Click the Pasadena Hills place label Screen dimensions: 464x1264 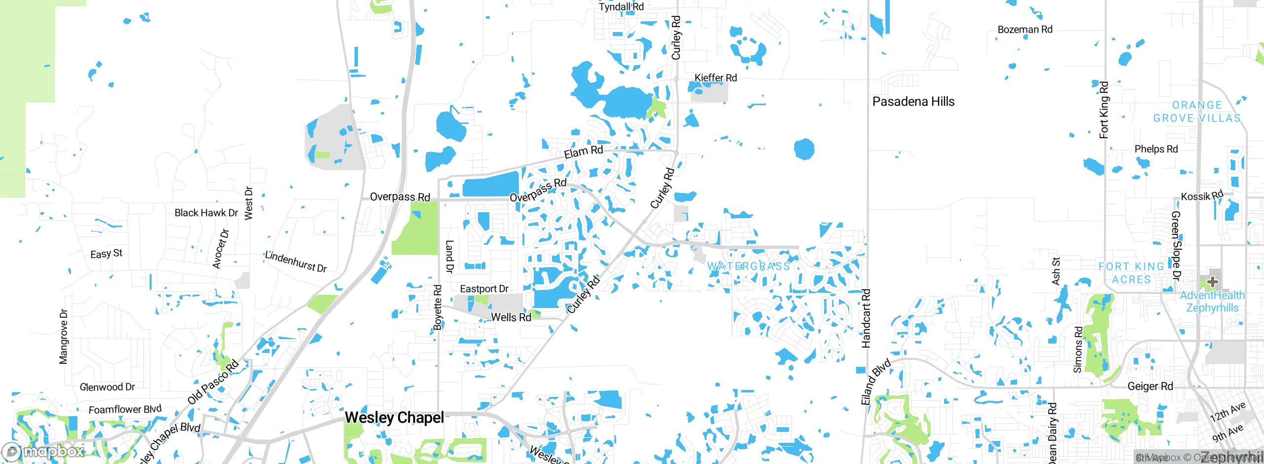913,102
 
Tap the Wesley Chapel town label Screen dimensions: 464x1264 394,418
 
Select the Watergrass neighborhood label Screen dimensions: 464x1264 749,267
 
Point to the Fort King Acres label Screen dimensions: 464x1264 1131,273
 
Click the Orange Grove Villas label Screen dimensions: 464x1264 1197,112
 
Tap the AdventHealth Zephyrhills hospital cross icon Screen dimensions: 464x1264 1212,282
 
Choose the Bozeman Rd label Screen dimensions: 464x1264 1025,30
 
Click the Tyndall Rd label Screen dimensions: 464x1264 621,7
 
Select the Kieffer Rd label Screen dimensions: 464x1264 715,78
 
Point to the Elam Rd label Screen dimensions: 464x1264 583,152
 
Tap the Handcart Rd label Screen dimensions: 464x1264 866,318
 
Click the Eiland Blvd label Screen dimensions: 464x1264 875,382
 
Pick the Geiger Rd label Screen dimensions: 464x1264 1150,386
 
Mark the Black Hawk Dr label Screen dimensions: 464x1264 206,213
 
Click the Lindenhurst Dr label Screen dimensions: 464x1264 296,262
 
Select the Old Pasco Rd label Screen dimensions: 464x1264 213,383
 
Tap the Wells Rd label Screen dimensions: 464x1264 511,317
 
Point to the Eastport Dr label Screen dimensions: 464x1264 484,289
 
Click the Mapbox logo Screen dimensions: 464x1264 43,451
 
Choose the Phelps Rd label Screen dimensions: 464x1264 1156,149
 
